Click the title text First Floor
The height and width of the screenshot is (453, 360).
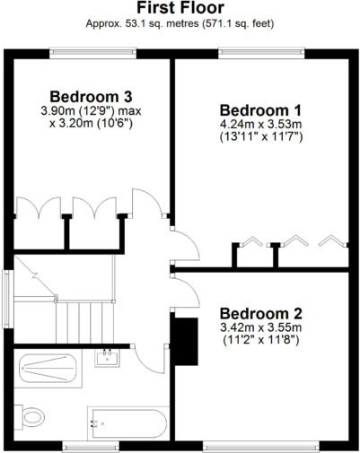coord(180,9)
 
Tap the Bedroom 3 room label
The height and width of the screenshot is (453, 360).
coord(92,96)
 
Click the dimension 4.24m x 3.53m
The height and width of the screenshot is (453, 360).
coord(261,124)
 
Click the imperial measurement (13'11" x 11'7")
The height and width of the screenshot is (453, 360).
coord(261,138)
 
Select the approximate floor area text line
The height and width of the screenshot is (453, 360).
coord(180,24)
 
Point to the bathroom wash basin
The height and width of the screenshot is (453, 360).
coord(108,360)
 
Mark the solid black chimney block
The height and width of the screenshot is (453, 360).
coord(185,342)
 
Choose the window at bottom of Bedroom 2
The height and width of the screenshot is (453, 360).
coord(260,444)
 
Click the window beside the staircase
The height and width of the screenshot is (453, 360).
coord(8,301)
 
